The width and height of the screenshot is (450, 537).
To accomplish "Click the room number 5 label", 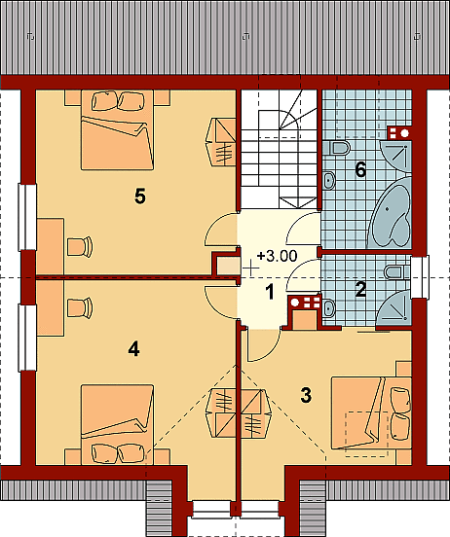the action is tap(140, 197).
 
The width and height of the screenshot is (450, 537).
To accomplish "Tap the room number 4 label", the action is tap(133, 349).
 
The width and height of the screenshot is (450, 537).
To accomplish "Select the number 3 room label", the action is tap(306, 395).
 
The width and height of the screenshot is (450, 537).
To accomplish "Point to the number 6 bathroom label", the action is tap(360, 170).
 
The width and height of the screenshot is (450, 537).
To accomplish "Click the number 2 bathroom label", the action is tap(360, 289).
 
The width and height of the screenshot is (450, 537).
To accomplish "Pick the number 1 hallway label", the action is tap(270, 293).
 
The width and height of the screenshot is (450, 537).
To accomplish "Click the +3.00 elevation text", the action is tap(277, 256).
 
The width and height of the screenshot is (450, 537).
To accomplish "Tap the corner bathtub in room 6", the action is tap(392, 213).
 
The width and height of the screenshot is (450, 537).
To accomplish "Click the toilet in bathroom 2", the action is tap(397, 272).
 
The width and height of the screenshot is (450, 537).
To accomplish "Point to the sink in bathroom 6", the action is tap(329, 180).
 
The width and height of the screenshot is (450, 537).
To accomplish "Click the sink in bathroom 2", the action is tap(328, 308).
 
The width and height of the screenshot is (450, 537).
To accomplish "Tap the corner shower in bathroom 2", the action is tap(395, 308).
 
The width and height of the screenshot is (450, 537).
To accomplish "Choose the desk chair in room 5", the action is tap(80, 246).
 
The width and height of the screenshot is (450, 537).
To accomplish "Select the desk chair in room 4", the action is tap(80, 307).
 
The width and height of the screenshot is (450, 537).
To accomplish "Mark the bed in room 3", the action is tap(371, 413).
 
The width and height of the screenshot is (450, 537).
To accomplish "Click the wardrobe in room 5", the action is tap(221, 142).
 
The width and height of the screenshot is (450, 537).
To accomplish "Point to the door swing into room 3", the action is tap(263, 345).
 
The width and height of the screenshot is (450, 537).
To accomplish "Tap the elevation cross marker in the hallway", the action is tap(251, 268).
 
